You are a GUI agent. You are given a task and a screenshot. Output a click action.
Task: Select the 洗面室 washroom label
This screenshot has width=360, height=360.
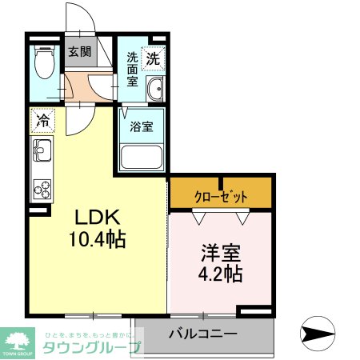(x=133, y=68)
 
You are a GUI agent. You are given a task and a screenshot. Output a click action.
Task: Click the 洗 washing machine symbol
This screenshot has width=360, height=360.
(x=153, y=58)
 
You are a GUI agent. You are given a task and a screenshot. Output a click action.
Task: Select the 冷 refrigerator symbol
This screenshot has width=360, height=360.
(x=42, y=122)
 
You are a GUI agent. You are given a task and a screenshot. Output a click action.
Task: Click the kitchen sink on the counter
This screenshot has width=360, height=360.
(x=42, y=150)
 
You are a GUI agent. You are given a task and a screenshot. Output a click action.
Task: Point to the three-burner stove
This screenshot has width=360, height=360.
(x=42, y=190)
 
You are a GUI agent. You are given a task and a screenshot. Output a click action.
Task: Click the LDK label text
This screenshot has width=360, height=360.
(x=97, y=218)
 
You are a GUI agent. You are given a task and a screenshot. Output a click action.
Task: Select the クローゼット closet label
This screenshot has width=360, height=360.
(x=221, y=196)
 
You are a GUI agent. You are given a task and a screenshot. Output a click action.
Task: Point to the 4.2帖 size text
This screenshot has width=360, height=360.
(x=220, y=274)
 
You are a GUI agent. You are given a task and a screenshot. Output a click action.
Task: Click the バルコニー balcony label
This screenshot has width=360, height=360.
(x=202, y=333)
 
